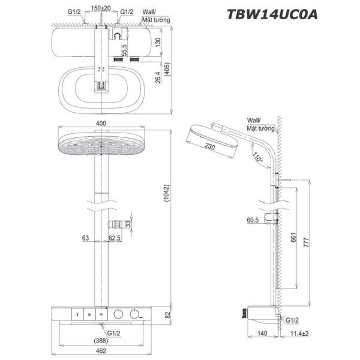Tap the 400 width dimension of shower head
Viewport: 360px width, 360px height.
coord(101,123)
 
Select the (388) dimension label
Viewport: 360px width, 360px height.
coord(101,339)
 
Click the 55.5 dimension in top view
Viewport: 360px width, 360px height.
coord(124,50)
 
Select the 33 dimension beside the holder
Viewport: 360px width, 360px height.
coord(136,224)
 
